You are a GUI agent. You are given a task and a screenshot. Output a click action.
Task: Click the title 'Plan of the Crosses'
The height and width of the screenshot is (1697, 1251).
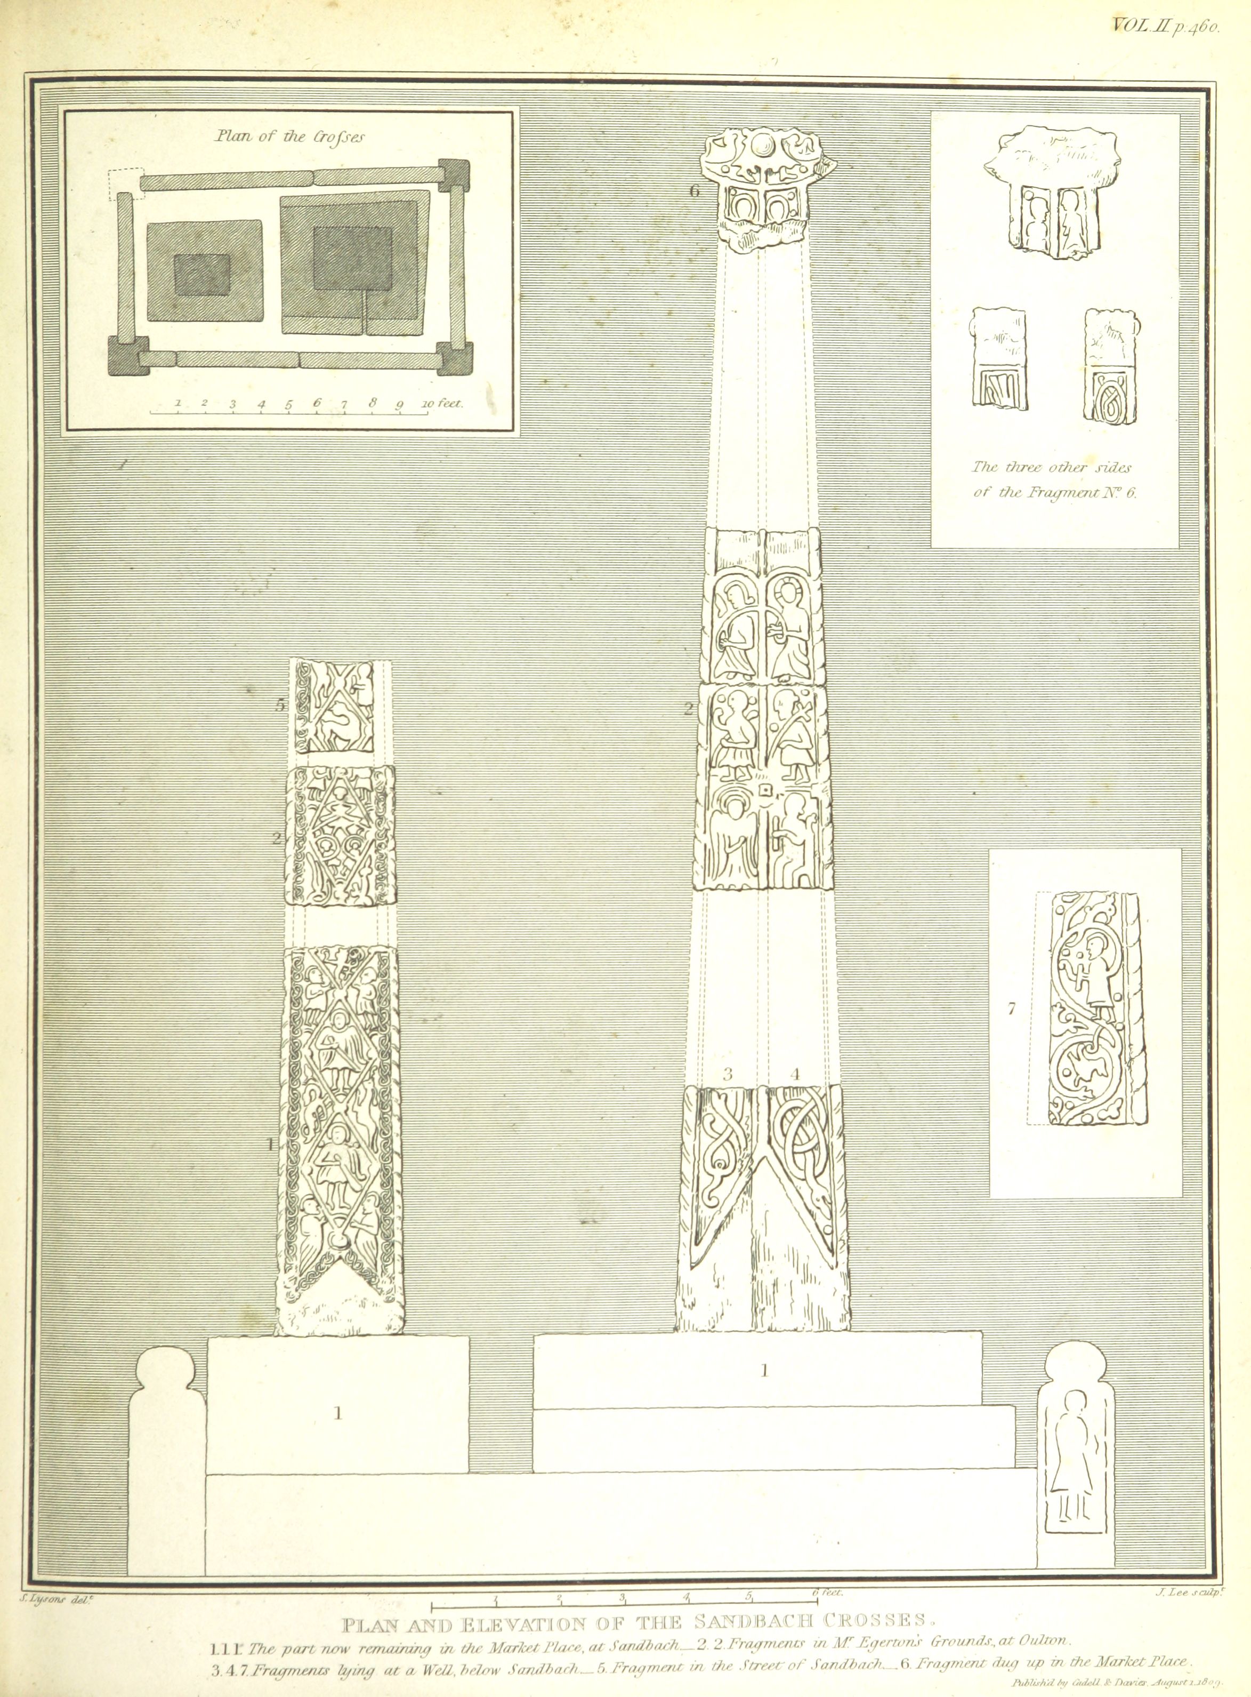coord(288,137)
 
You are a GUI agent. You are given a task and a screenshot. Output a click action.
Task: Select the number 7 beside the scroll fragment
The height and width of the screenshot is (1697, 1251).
coord(1011,1008)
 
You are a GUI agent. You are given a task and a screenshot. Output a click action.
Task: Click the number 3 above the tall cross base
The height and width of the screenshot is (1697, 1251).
coord(728,1074)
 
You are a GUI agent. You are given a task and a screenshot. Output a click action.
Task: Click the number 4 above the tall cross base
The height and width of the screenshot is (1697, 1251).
coord(794,1074)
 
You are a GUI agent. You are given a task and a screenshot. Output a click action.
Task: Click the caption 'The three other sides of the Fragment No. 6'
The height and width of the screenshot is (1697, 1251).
coord(1055,479)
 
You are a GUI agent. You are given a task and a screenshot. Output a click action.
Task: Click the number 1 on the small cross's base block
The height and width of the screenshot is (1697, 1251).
coord(338,1412)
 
